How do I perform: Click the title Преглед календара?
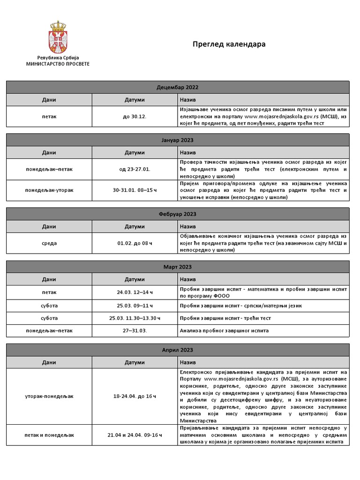tap(229, 44)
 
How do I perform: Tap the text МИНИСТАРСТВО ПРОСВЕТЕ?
tap(58, 63)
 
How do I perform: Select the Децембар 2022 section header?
tap(177, 87)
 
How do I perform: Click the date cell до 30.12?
tap(135, 116)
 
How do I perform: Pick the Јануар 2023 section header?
tap(177, 140)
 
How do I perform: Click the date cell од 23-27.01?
tap(135, 169)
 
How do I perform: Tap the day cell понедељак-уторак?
tap(49, 190)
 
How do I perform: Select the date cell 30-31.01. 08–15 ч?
tap(135, 190)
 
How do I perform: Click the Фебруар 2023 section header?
tap(177, 214)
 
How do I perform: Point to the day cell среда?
tap(49, 243)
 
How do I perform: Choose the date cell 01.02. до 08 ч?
tap(135, 243)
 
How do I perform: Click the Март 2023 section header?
tap(177, 267)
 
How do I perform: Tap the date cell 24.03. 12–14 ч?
tap(135, 292)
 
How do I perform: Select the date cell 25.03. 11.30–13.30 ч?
tap(135, 318)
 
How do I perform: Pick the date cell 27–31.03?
tap(135, 330)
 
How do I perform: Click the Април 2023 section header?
tap(177, 350)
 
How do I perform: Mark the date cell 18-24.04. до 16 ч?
tap(135, 397)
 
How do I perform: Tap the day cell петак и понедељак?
tap(49, 435)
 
